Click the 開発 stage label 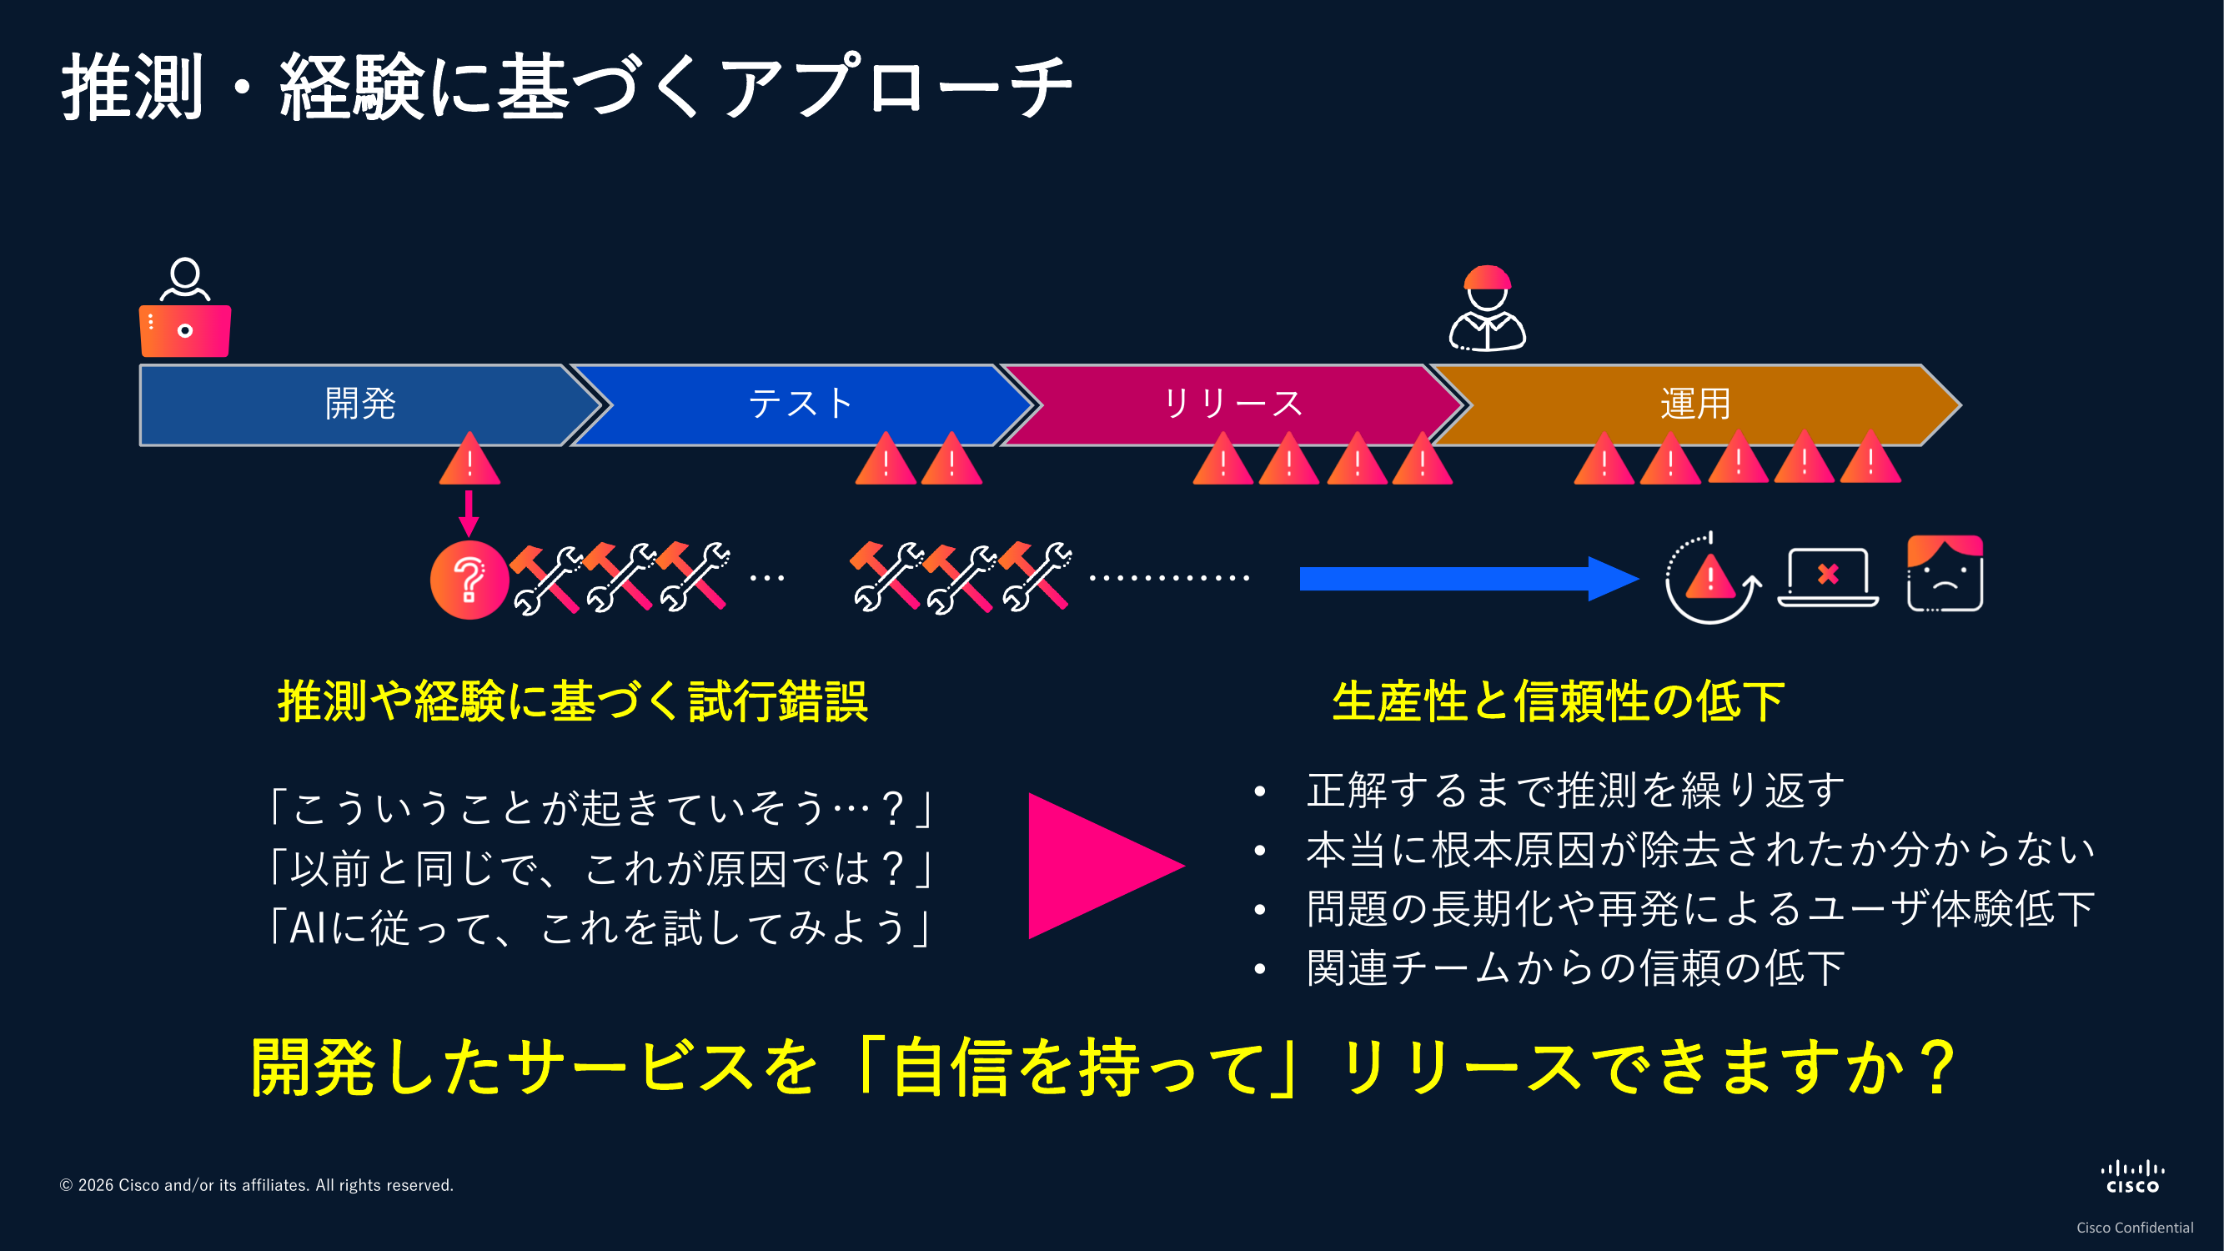pyautogui.click(x=360, y=404)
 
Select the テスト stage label pyautogui.click(x=801, y=404)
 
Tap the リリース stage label pyautogui.click(x=1232, y=404)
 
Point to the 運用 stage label pyautogui.click(x=1694, y=404)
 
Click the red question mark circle pyautogui.click(x=469, y=580)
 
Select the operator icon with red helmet pyautogui.click(x=1487, y=309)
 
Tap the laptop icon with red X pyautogui.click(x=1828, y=578)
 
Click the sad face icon pyautogui.click(x=1945, y=574)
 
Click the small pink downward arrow pyautogui.click(x=469, y=513)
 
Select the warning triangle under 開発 pyautogui.click(x=469, y=460)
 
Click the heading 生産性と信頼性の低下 pyautogui.click(x=1558, y=701)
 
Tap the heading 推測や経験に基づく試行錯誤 pyautogui.click(x=572, y=701)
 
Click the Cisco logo pyautogui.click(x=2131, y=1178)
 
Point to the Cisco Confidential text pyautogui.click(x=2134, y=1228)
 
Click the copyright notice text pyautogui.click(x=256, y=1185)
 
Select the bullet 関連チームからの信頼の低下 pyautogui.click(x=1574, y=967)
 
